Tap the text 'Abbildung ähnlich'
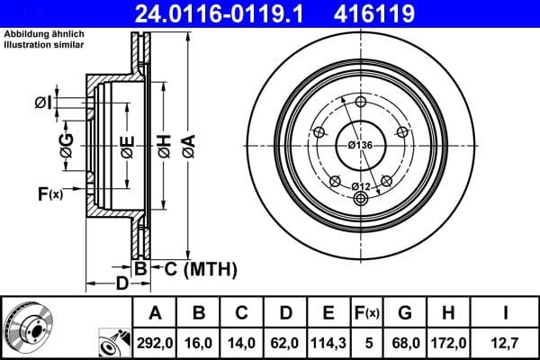[x=44, y=34]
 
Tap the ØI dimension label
[x=42, y=103]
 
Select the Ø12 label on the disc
[x=361, y=186]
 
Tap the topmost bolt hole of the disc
[x=361, y=101]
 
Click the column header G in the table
[x=404, y=312]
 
